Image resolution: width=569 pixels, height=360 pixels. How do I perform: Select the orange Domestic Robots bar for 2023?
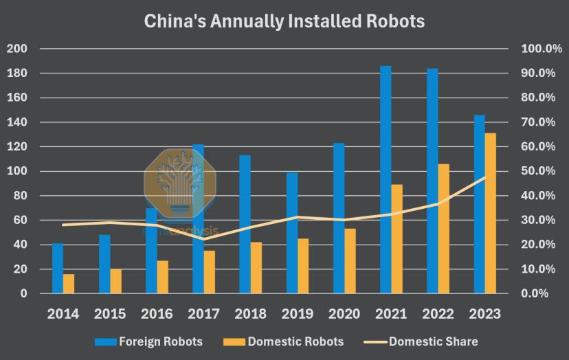pyautogui.click(x=490, y=213)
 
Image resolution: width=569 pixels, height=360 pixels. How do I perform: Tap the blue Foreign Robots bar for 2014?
pyautogui.click(x=58, y=268)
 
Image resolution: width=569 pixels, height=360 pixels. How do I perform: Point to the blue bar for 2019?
pyautogui.click(x=292, y=233)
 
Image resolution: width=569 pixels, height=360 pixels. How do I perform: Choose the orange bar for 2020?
pyautogui.click(x=350, y=261)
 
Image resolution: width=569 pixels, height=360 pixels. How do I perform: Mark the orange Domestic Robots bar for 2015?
pyautogui.click(x=115, y=281)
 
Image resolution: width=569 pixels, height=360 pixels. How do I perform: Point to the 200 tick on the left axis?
pyautogui.click(x=16, y=49)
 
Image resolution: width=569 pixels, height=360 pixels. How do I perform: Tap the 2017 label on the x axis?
pyautogui.click(x=204, y=314)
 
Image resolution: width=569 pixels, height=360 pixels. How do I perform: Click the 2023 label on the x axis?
pyautogui.click(x=484, y=314)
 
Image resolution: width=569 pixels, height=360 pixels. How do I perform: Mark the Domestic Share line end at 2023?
pyautogui.click(x=484, y=177)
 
